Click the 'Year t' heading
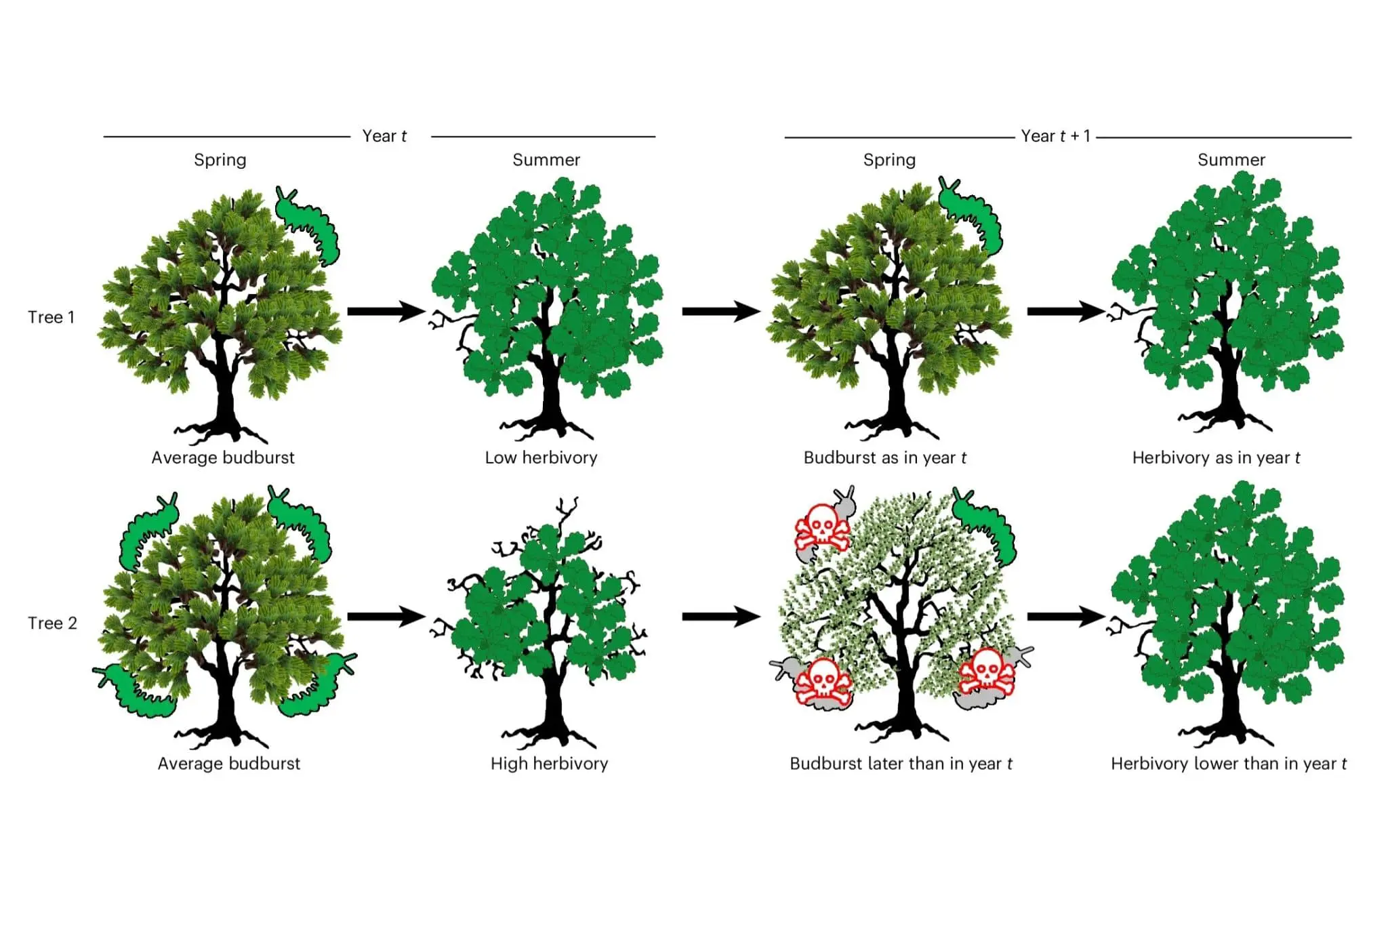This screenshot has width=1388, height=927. (384, 136)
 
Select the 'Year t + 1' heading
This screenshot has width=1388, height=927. (1056, 136)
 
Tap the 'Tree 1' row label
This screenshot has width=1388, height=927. (52, 317)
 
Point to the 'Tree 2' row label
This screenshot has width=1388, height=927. (52, 623)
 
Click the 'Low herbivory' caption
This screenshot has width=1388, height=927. (541, 457)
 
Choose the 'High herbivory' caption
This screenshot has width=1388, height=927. (549, 764)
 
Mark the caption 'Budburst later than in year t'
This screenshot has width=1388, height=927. (901, 764)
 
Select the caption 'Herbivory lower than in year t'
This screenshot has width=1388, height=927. (1228, 764)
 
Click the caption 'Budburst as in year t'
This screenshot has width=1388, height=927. (884, 457)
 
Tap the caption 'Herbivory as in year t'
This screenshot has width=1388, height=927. (1216, 457)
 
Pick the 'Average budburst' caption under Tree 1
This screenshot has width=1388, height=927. (223, 457)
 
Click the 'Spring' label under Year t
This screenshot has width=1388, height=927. (220, 160)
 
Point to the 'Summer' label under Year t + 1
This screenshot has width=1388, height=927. (1231, 160)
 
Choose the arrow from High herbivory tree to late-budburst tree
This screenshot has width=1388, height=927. (721, 617)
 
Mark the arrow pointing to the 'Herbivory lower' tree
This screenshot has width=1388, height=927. (1066, 617)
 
